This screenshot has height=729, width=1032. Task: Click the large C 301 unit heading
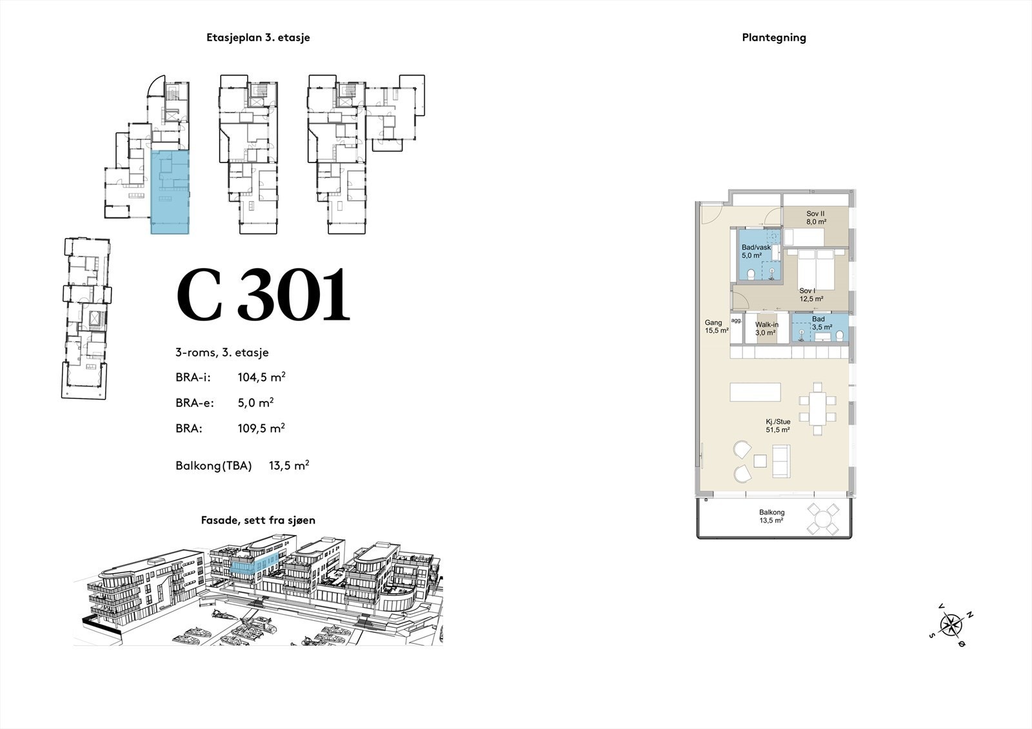tap(264, 295)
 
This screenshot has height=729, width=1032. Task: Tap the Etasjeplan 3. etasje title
tap(258, 38)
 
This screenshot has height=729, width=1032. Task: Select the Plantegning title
tap(774, 38)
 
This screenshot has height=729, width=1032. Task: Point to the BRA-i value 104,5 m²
tap(262, 377)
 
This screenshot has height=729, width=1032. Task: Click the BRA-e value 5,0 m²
tap(255, 402)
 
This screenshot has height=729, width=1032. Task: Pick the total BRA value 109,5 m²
tap(261, 428)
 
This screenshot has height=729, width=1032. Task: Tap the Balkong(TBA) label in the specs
tap(213, 465)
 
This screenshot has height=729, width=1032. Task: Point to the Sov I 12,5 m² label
tap(811, 295)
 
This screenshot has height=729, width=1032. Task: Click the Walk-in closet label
tap(767, 328)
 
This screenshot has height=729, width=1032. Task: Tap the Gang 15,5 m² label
tap(717, 327)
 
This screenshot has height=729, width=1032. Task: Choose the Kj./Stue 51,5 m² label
tap(778, 425)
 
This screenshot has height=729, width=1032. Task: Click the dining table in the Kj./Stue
tap(817, 409)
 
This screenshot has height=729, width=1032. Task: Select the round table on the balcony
tap(823, 519)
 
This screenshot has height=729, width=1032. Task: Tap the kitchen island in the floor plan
tap(755, 392)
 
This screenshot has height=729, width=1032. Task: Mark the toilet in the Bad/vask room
tap(751, 275)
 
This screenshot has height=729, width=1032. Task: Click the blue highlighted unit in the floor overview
tap(170, 192)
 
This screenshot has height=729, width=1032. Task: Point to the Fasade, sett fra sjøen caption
tap(258, 520)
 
